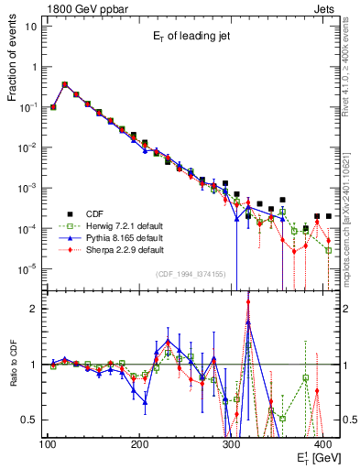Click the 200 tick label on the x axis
[x=139, y=443]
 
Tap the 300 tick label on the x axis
[x=232, y=443]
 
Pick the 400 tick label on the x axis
[x=324, y=443]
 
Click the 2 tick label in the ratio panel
[x=34, y=309]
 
